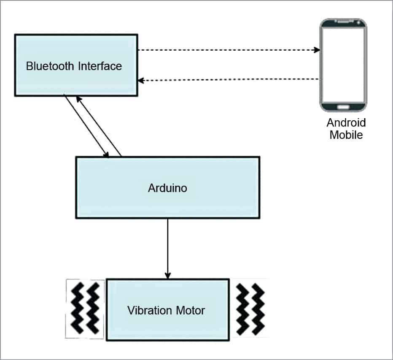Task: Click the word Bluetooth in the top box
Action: coord(46,66)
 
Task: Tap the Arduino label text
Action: coord(167,188)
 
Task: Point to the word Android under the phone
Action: coord(346,123)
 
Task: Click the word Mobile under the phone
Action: coord(346,135)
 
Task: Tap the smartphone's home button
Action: coord(343,106)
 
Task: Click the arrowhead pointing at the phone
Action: coord(317,50)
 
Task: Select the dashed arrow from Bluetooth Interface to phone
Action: coord(228,50)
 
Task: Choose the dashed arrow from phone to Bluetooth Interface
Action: coord(228,79)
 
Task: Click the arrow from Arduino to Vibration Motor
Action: coord(168,247)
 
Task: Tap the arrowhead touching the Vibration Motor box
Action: coord(168,276)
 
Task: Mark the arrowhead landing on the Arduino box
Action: coord(106,155)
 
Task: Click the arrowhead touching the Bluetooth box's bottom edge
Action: coord(78,98)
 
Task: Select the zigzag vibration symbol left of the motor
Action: coord(86,308)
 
